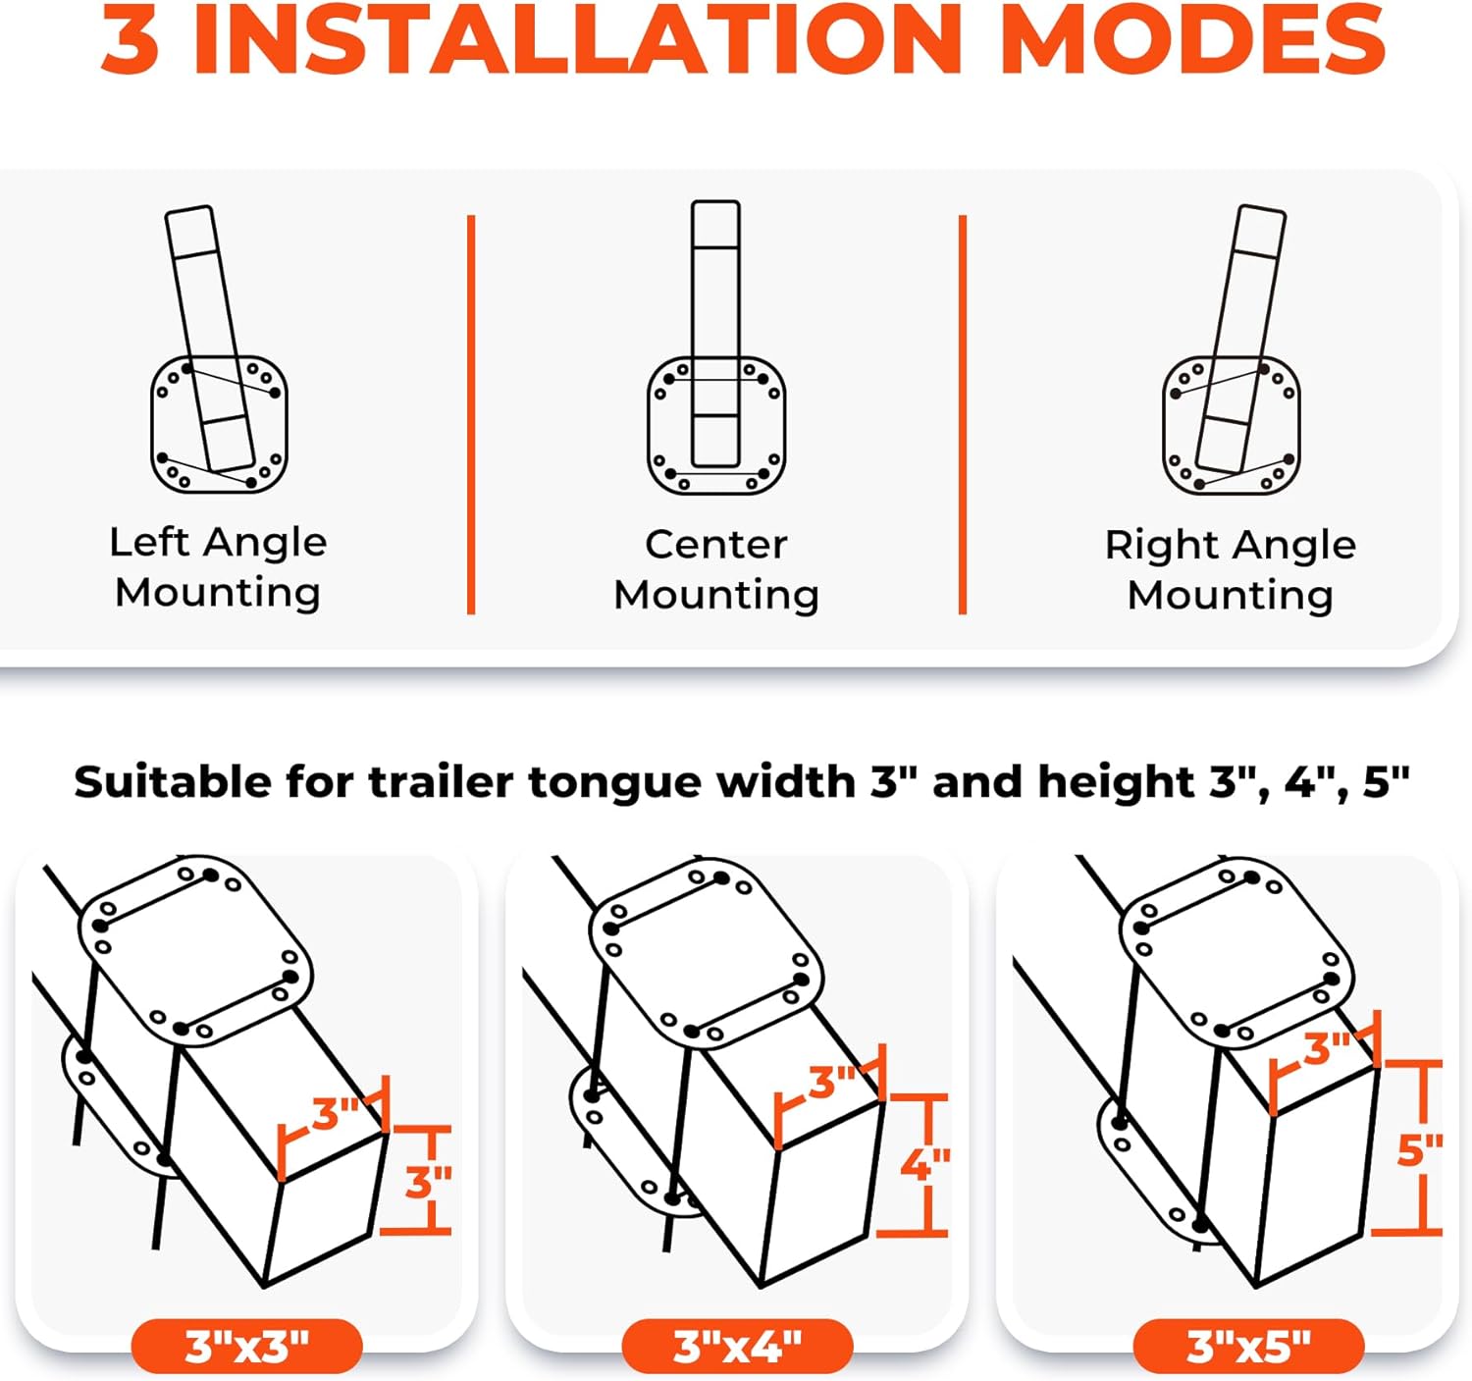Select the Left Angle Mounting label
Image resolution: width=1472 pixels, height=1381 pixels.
click(x=218, y=567)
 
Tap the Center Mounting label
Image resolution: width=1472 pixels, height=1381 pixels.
click(x=716, y=569)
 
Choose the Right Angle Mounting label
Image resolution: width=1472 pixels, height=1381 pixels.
click(x=1231, y=569)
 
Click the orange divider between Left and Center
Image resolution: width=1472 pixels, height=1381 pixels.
click(x=471, y=414)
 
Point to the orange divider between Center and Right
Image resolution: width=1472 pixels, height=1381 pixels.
click(x=963, y=414)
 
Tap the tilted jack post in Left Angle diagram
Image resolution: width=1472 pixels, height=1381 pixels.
click(x=201, y=294)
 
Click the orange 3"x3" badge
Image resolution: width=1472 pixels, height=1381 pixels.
click(x=246, y=1347)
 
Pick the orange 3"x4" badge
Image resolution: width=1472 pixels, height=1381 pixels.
click(x=737, y=1347)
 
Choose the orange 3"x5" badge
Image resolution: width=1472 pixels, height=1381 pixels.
click(x=1248, y=1347)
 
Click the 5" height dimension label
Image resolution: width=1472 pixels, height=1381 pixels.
click(x=1419, y=1149)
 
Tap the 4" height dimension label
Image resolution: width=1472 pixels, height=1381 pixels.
click(x=924, y=1165)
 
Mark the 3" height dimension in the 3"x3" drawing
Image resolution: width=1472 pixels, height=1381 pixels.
click(x=427, y=1183)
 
